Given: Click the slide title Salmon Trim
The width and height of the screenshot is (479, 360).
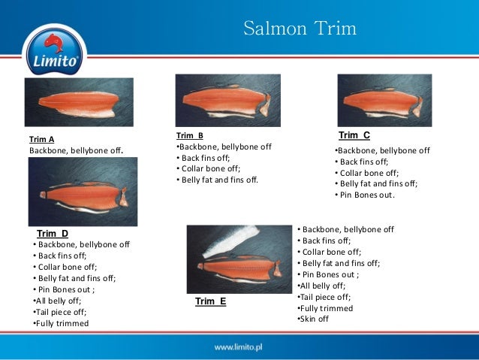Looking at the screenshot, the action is tap(300, 29).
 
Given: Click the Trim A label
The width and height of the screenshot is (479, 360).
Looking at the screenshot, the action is tap(41, 139).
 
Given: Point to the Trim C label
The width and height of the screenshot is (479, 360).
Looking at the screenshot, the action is tap(354, 135).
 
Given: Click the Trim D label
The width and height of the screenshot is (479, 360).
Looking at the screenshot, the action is tap(53, 234).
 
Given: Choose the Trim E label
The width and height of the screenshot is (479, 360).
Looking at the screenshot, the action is tap(210, 301).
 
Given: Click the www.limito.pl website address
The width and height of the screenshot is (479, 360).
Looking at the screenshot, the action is tap(242, 348).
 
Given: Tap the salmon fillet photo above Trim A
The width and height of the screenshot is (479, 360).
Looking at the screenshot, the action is tap(79, 101).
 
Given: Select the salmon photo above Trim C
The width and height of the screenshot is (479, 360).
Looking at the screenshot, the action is tap(384, 100).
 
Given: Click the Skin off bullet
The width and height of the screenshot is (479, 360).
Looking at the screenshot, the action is tap(314, 319).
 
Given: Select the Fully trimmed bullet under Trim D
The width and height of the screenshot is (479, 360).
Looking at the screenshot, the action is tap(61, 323).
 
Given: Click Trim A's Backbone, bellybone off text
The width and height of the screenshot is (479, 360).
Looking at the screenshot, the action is tap(75, 151).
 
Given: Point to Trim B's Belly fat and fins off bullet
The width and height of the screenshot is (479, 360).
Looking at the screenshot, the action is tap(218, 180).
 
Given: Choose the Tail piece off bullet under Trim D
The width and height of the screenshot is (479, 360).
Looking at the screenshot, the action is tap(60, 312).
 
